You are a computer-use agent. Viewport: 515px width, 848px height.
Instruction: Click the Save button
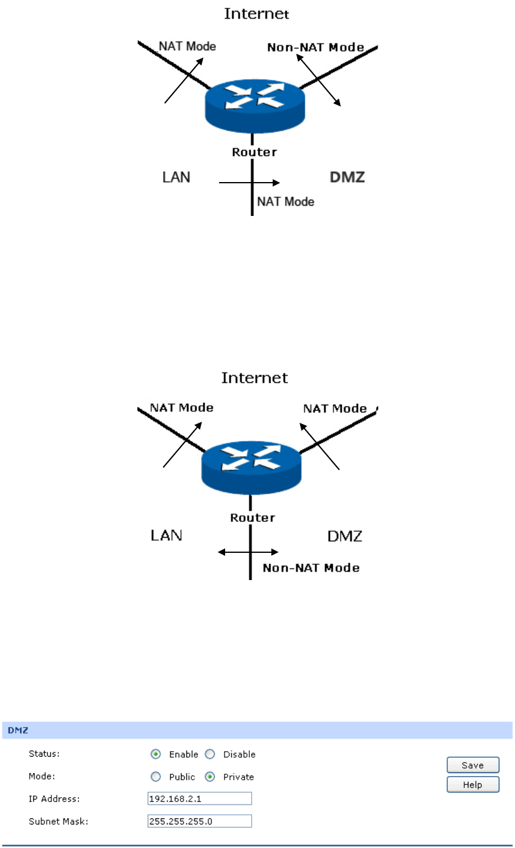point(473,765)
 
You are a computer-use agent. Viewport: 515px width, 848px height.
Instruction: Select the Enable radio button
point(156,754)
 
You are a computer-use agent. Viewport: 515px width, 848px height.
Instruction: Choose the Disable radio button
point(210,754)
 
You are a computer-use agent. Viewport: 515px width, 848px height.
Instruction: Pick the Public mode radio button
point(156,777)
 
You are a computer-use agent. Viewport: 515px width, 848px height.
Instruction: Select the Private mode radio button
point(210,777)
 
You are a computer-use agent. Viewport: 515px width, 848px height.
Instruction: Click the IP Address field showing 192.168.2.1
point(200,799)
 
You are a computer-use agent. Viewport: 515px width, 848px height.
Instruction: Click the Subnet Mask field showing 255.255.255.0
point(200,821)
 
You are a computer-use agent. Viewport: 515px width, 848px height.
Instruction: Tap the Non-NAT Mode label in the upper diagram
point(315,47)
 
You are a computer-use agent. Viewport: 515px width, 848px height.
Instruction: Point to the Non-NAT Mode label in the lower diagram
point(311,568)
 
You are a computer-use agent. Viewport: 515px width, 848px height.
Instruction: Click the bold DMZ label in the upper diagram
point(347,177)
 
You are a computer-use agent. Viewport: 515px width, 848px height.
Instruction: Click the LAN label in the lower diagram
point(166,535)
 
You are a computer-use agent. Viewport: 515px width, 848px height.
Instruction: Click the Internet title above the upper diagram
point(257,13)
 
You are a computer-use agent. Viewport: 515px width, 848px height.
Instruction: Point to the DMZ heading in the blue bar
point(18,730)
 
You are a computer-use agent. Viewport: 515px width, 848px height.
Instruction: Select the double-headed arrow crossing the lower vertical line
point(248,552)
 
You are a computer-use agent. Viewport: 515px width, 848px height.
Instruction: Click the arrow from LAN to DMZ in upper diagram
point(249,182)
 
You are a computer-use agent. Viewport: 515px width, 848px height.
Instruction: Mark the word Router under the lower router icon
point(252,518)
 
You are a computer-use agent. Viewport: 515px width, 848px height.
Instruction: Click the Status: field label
point(44,754)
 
